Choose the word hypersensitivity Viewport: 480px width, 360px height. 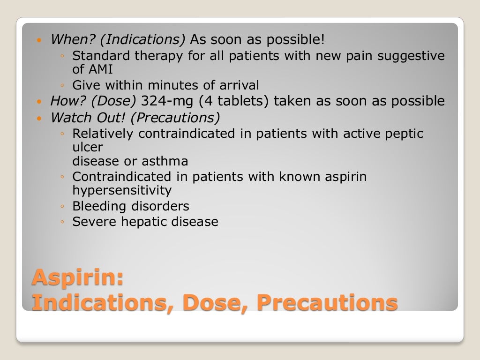122,191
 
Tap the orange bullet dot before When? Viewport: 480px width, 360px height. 39,40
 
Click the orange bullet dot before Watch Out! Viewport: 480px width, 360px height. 39,118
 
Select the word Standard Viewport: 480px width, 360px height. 101,56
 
